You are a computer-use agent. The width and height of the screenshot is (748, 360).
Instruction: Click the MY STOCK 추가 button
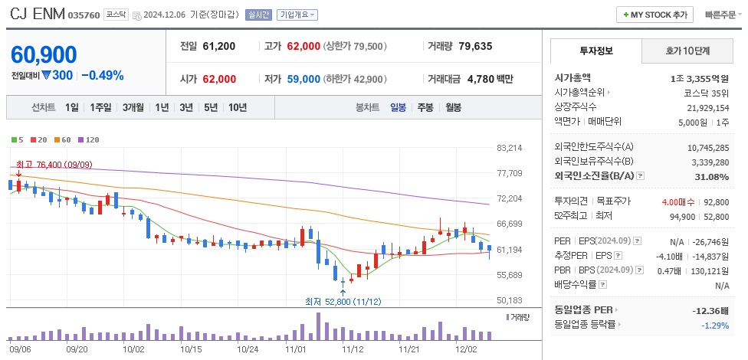coord(654,15)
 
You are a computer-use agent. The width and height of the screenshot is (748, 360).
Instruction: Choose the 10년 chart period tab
coord(237,107)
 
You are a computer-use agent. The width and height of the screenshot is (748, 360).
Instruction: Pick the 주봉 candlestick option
coord(425,107)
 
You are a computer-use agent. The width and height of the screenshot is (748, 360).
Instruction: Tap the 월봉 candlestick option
coord(453,107)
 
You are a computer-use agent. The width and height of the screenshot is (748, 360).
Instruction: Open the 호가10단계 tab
coord(687,51)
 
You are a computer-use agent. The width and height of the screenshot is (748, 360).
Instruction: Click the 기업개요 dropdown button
coord(297,15)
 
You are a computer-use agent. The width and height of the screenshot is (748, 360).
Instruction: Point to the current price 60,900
coord(44,54)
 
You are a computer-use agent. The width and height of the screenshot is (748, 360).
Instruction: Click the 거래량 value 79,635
coord(475,46)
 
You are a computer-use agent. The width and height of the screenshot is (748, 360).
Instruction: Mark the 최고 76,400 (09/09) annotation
coord(54,164)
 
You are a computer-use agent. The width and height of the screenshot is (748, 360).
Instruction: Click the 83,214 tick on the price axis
coord(510,148)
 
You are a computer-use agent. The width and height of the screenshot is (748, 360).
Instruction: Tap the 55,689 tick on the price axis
coord(510,275)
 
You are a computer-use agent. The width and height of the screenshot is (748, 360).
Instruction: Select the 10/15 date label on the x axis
coord(191,348)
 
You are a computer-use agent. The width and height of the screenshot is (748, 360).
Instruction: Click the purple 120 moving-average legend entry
coord(88,139)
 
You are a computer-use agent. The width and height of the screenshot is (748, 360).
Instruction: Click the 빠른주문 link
coord(720,15)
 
